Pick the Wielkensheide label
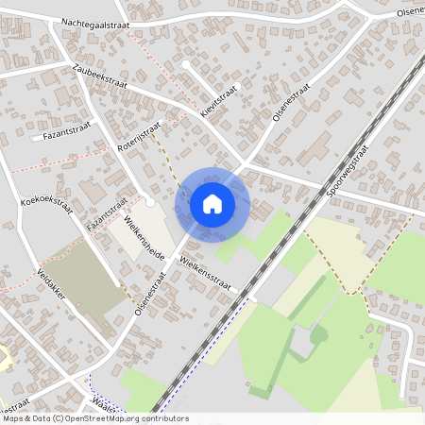click(x=144, y=238)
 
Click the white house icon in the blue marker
click(x=212, y=203)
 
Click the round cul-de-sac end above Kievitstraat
click(x=187, y=65)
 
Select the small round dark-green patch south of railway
click(x=318, y=333)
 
